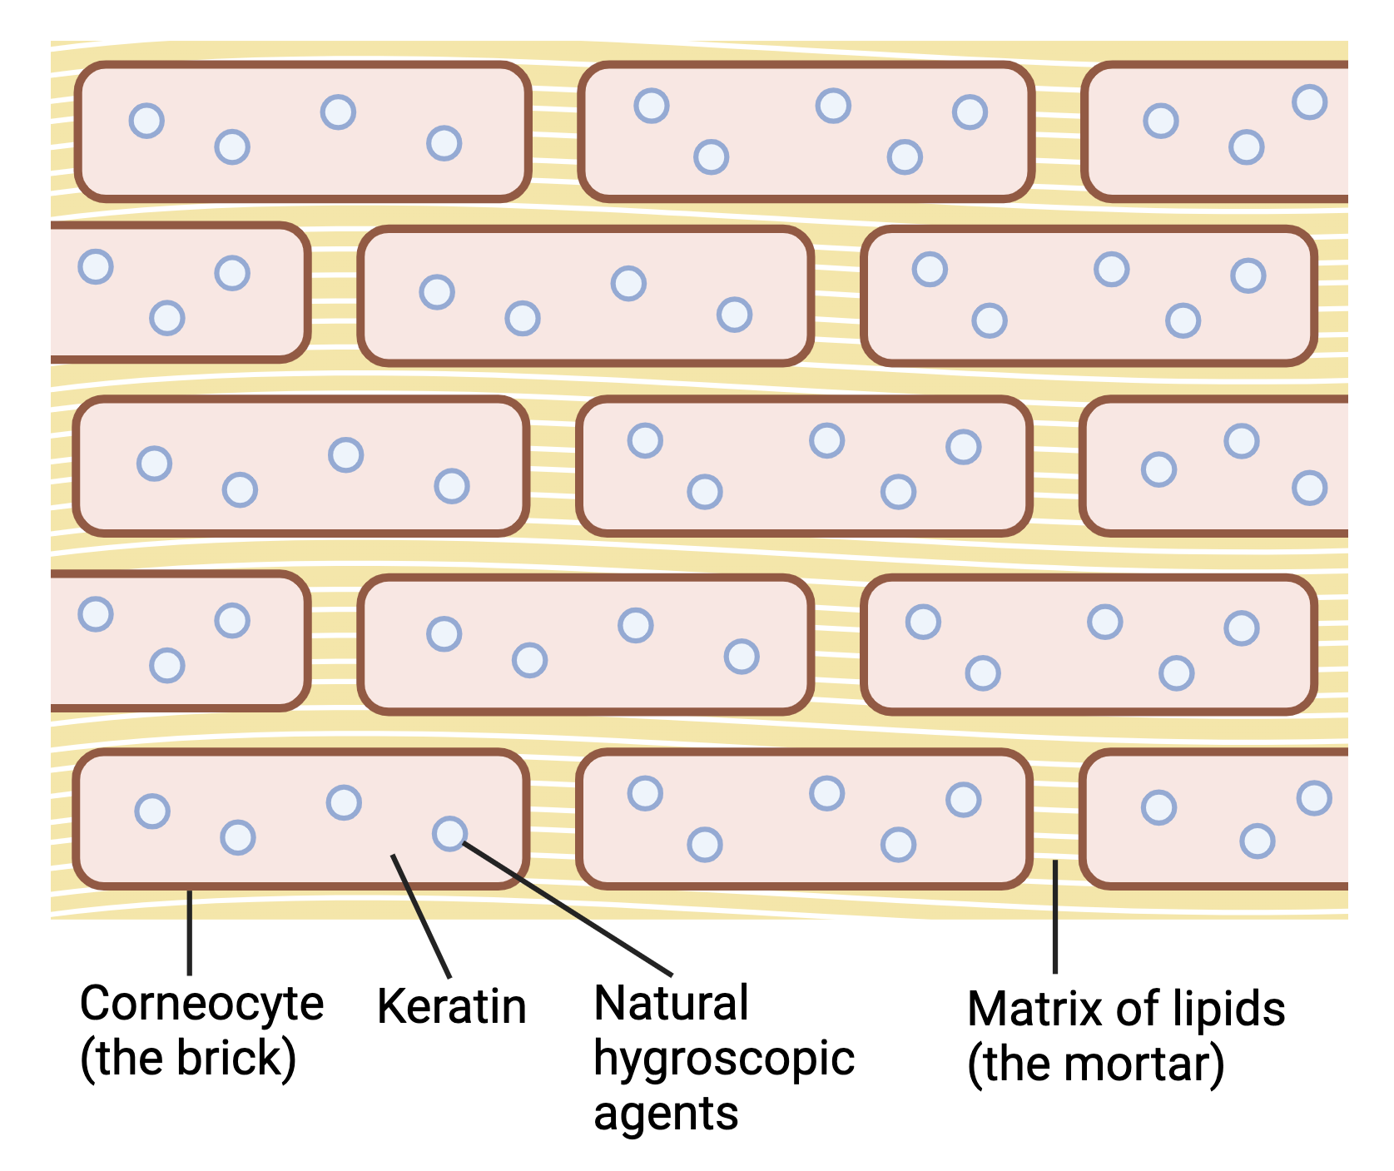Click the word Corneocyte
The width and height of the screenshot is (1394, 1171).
point(201,1004)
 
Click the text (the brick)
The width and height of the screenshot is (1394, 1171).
point(188,1058)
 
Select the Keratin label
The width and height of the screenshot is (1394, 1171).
point(451,1006)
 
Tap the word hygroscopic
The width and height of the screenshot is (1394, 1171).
point(724,1059)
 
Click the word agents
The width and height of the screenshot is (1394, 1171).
point(666,1114)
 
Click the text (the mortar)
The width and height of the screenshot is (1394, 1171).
point(1095,1064)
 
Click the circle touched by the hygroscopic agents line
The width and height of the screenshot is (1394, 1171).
point(449,833)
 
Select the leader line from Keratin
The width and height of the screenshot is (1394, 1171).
point(421,916)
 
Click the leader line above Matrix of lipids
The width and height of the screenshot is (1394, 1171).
point(1055,916)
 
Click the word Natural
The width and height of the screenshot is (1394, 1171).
point(671,1003)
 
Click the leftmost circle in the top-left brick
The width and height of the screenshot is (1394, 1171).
point(146,121)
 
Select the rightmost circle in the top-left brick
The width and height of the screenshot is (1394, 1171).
point(444,143)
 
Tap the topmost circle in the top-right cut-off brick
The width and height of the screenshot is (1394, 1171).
point(1309,102)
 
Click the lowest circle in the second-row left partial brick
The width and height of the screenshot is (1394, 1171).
point(166,318)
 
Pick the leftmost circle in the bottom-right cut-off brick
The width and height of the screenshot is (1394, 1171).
point(1158,807)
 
